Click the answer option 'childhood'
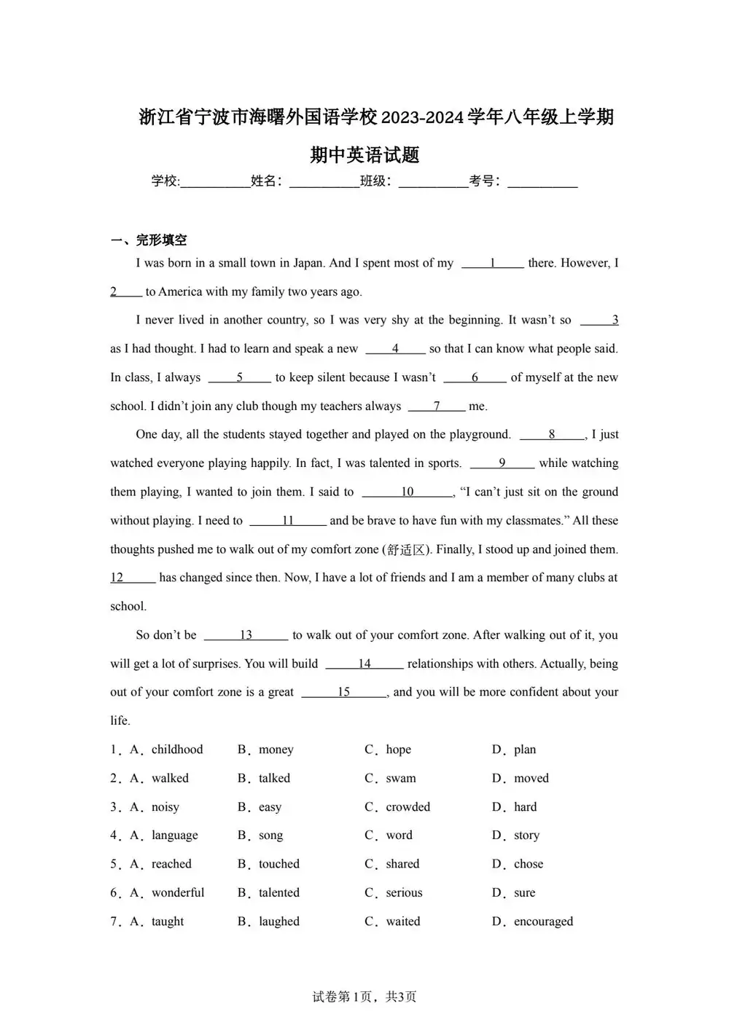coord(177,750)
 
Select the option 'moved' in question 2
coord(531,778)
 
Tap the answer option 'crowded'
coord(408,807)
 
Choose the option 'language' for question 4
coord(174,836)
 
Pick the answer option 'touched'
coord(278,864)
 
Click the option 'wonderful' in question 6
coord(178,892)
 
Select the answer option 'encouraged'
coord(543,921)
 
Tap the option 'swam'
coord(401,778)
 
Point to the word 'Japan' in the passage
coord(308,263)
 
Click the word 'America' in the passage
coord(180,291)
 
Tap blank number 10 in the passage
coord(408,492)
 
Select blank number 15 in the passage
coord(343,692)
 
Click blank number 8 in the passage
coord(552,434)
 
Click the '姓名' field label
coord(266,181)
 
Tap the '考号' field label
coord(484,181)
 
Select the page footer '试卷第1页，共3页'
coord(364,996)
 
